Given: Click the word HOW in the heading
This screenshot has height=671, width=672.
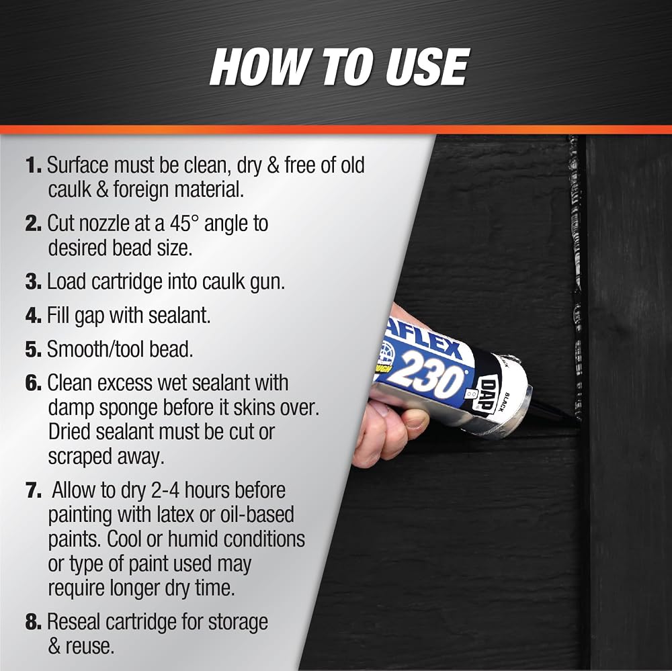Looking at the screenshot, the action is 255,67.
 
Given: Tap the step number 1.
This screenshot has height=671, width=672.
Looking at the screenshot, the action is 34,165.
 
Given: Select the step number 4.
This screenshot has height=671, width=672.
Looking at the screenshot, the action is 34,316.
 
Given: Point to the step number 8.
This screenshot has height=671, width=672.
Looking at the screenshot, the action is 34,622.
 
